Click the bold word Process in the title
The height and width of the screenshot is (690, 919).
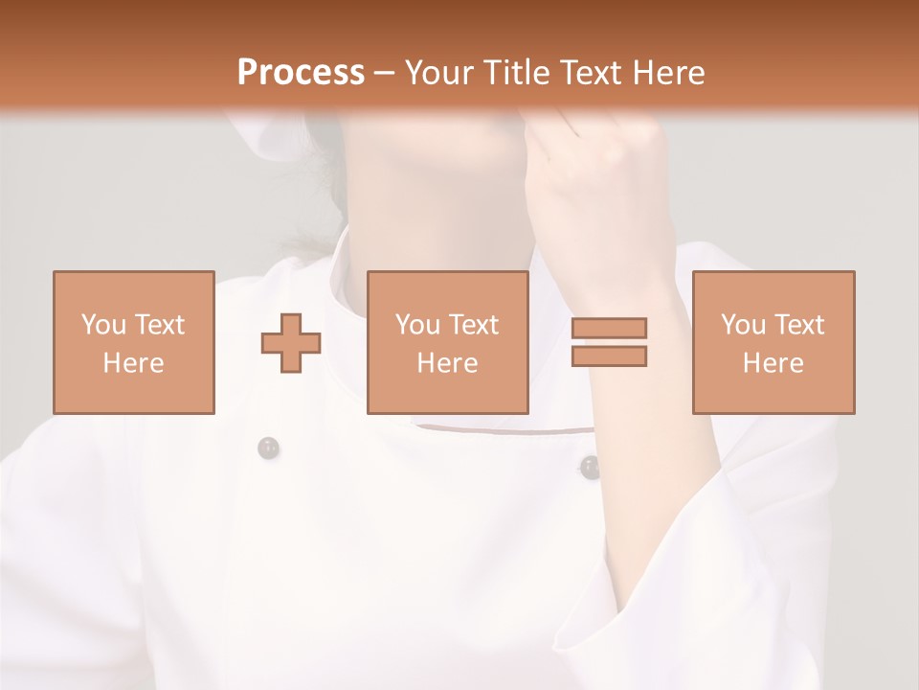tap(301, 73)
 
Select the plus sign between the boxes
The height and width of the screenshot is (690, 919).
tap(291, 343)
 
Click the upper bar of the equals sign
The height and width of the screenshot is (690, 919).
tap(609, 329)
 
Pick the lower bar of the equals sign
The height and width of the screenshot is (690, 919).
tap(609, 356)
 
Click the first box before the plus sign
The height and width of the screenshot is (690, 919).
tap(134, 342)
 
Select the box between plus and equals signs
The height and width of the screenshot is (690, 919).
tap(448, 342)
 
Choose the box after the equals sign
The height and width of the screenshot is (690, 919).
tap(773, 342)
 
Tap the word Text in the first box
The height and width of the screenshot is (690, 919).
tap(159, 325)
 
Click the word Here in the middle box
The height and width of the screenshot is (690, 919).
tap(447, 363)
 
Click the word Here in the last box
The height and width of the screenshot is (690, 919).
tap(773, 363)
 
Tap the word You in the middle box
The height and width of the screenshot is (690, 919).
tap(416, 325)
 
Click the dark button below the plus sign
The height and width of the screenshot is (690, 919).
tap(268, 448)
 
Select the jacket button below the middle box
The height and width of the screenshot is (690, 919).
tap(590, 467)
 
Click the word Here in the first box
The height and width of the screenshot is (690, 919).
tap(133, 363)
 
